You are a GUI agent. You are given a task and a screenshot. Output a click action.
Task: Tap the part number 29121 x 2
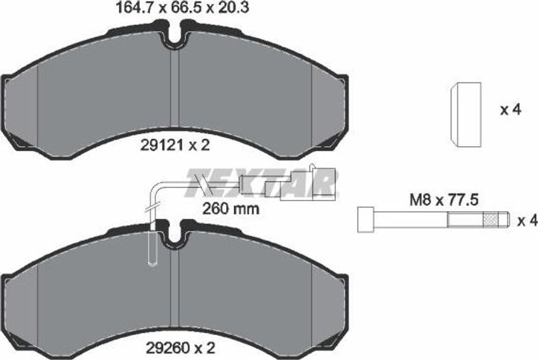tap(174, 146)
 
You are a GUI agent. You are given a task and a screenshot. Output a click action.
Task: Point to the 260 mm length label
tap(231, 208)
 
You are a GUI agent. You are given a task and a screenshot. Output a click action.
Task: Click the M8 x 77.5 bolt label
tap(444, 200)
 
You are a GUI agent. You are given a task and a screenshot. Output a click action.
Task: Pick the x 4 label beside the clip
tap(511, 110)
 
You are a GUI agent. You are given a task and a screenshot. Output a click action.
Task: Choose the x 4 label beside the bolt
tap(527, 221)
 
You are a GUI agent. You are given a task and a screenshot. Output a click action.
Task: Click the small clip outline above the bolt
tap(465, 115)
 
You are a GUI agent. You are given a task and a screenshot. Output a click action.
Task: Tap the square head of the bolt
tap(366, 220)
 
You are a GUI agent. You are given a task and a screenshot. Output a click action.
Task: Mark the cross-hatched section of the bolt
tap(490, 219)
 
